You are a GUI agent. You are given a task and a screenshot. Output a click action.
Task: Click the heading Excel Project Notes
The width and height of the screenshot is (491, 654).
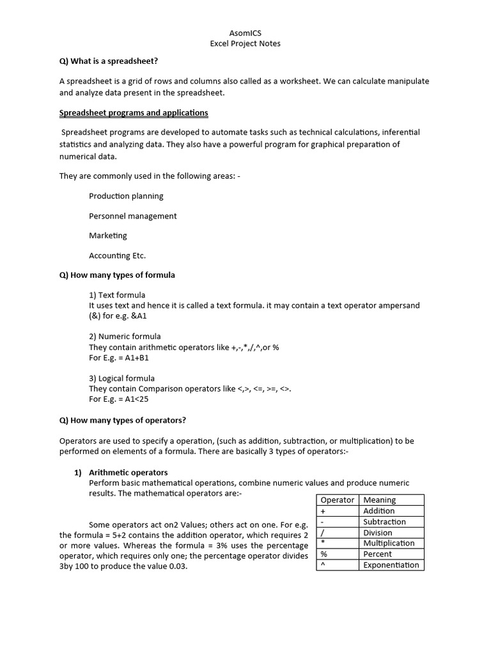[245, 43]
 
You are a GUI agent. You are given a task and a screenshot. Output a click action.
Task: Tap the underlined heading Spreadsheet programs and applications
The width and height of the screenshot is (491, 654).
[134, 112]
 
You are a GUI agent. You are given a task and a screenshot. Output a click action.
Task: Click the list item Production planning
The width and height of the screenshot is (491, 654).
[126, 196]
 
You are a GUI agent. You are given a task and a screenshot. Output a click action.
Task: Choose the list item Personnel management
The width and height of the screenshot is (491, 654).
[133, 216]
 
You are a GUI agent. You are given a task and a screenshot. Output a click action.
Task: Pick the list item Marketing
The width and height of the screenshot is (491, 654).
[108, 236]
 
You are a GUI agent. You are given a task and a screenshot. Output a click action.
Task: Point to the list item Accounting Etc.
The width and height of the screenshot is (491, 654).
[118, 255]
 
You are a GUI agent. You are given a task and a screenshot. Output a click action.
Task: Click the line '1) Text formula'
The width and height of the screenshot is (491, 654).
[117, 295]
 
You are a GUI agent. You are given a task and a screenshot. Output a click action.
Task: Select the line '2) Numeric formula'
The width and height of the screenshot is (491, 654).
[125, 336]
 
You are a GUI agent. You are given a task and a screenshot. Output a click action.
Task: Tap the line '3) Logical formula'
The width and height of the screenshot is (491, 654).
[121, 378]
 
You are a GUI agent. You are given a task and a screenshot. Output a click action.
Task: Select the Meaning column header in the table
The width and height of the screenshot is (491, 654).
[380, 500]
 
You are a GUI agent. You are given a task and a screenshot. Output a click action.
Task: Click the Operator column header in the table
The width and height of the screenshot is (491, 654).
[338, 500]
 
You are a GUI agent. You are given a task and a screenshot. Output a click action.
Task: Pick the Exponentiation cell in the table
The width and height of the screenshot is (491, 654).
[391, 565]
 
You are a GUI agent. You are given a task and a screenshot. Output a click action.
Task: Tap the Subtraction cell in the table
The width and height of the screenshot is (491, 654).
[384, 522]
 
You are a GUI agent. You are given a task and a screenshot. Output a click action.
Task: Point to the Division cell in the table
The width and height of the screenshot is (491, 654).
[378, 533]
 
